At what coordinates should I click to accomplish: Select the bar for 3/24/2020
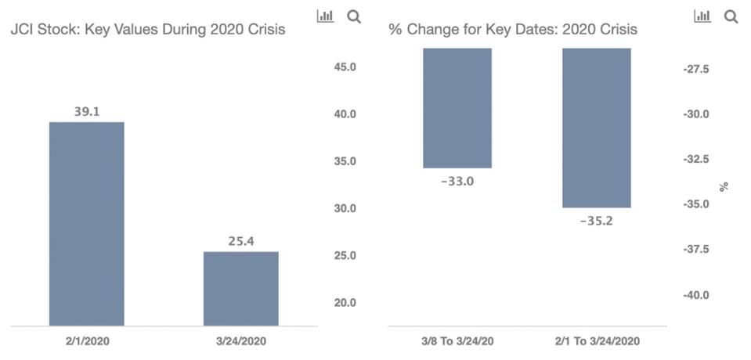click(240, 288)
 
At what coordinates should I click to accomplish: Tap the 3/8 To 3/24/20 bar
click(457, 108)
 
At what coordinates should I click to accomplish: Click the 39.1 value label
click(86, 112)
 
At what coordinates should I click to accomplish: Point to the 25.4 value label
click(240, 242)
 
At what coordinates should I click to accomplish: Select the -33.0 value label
click(457, 182)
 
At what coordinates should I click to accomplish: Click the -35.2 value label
click(596, 221)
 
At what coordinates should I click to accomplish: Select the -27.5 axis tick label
click(695, 70)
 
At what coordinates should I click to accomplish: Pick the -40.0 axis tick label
click(695, 295)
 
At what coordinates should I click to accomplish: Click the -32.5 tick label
click(695, 159)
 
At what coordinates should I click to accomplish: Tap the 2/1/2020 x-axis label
click(86, 341)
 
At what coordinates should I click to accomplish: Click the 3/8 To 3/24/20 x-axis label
click(457, 341)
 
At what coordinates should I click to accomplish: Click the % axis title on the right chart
click(724, 186)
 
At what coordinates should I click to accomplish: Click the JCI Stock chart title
click(146, 30)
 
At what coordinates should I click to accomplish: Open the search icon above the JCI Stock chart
click(353, 16)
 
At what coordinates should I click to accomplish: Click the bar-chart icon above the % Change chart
click(702, 16)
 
